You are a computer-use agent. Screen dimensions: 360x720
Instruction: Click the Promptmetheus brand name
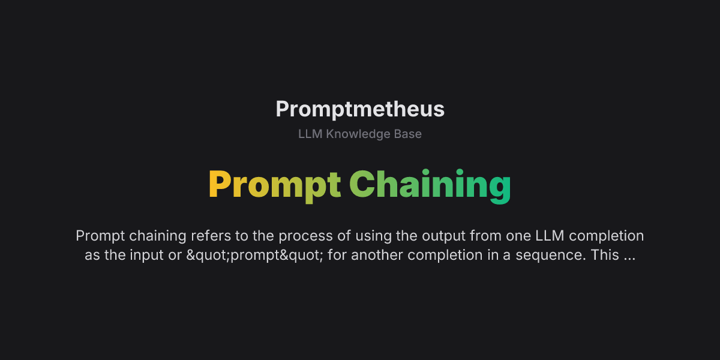(x=360, y=109)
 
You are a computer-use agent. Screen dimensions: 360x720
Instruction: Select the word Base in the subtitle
(x=408, y=134)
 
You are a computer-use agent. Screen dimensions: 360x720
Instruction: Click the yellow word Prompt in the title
(x=275, y=185)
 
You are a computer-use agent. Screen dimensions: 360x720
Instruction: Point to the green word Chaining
(x=430, y=185)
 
